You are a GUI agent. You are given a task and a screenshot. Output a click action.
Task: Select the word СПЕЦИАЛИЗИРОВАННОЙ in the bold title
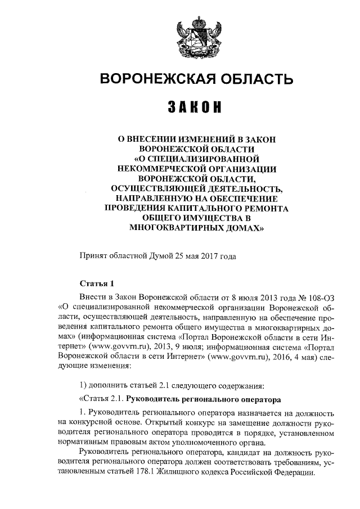[201, 158]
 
